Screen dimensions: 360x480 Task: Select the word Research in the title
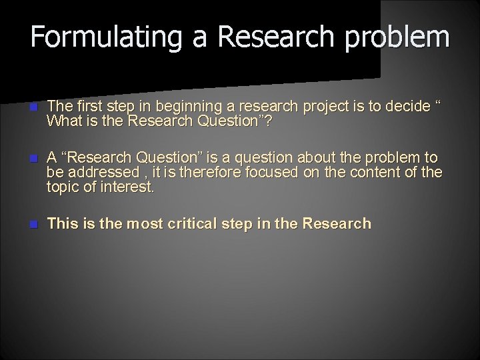coord(272,37)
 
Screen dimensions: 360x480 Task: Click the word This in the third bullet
coord(63,224)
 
